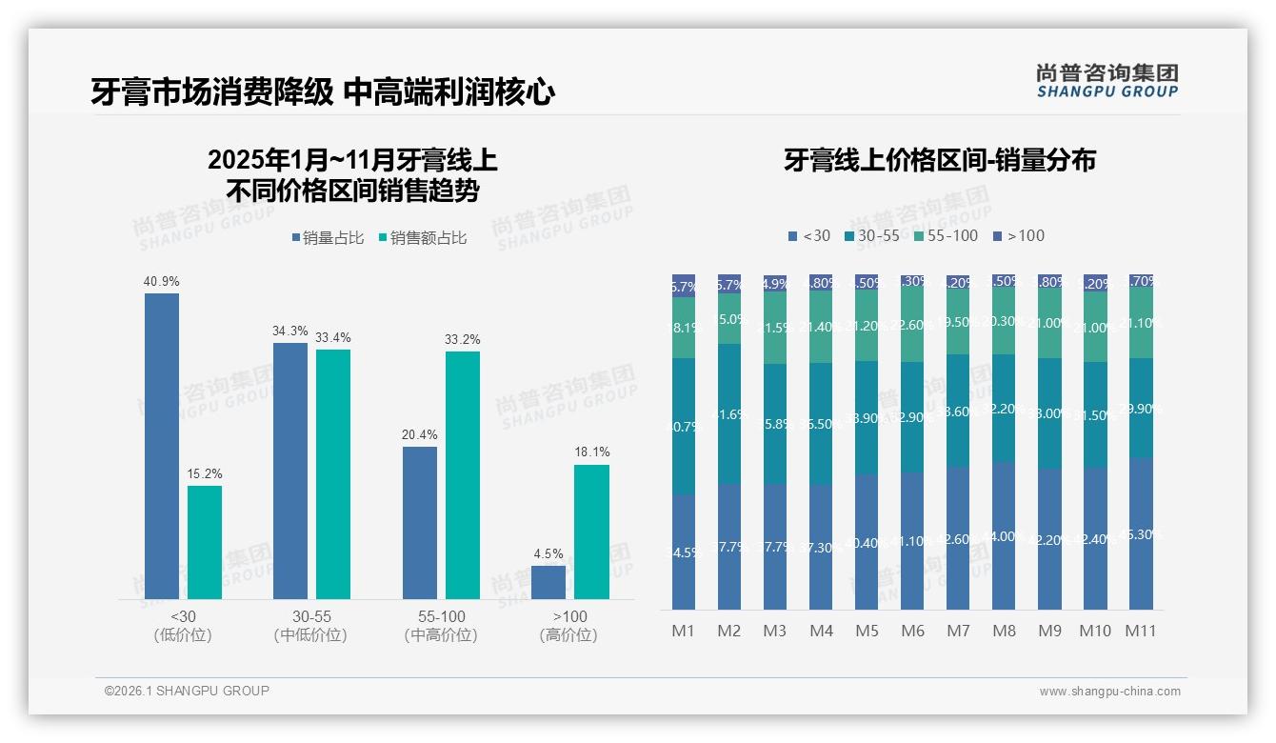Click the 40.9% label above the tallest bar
click(161, 282)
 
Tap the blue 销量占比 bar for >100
click(548, 582)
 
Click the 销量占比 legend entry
click(327, 238)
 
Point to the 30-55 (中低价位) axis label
click(310, 625)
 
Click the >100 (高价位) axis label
click(568, 625)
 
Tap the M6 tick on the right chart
click(912, 631)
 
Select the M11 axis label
click(1140, 631)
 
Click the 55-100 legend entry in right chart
click(945, 235)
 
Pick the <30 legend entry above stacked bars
click(809, 235)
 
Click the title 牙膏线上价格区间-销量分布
click(939, 160)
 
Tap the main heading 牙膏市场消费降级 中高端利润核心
click(323, 92)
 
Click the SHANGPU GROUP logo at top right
click(1107, 81)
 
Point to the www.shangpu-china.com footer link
click(1109, 691)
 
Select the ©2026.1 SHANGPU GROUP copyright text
click(187, 691)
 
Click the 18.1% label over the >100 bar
click(591, 452)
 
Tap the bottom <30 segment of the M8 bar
click(1004, 535)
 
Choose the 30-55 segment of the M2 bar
click(729, 414)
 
